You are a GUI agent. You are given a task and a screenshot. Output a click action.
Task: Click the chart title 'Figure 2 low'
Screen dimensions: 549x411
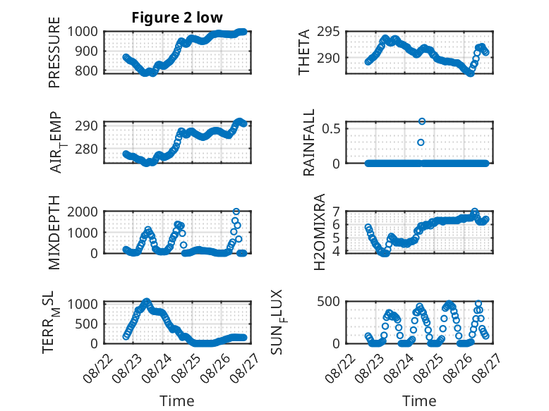coord(177,17)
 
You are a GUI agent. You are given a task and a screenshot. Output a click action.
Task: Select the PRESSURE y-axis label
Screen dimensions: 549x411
coord(54,52)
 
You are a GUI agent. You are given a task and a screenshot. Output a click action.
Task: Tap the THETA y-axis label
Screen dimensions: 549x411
coord(304,52)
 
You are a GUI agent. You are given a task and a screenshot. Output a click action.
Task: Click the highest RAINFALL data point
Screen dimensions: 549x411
coord(422,121)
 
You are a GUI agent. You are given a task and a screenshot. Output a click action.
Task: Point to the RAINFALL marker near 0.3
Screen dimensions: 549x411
coord(421,142)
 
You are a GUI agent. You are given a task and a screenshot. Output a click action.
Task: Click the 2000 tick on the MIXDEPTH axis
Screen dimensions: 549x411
coord(83,211)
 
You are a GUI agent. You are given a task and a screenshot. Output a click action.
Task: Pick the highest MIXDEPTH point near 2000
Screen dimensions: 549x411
coord(236,211)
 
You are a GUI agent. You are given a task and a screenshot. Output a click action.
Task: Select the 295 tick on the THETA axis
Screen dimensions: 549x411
coord(328,32)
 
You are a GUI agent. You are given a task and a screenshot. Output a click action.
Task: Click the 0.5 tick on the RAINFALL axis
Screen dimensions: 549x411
coord(331,129)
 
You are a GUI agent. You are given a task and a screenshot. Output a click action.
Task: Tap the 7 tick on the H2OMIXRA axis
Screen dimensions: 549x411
coord(336,211)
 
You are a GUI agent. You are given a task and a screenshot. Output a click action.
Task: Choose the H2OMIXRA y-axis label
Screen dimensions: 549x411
coord(320,232)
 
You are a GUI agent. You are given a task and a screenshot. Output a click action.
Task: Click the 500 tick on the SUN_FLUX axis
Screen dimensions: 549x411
coord(328,302)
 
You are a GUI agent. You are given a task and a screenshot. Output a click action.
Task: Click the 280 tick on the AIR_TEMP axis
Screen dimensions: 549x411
coord(86,149)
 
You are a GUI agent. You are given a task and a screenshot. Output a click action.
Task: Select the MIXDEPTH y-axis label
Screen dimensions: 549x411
coord(54,233)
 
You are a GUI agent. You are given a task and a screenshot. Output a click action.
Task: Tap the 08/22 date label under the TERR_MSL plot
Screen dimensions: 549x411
coord(99,367)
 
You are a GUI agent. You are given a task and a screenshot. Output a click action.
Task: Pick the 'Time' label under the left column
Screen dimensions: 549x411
coord(177,400)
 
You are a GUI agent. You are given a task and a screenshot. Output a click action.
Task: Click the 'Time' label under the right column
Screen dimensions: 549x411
coord(419,400)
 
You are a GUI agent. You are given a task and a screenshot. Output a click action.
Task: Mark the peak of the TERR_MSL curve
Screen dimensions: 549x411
coord(147,302)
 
